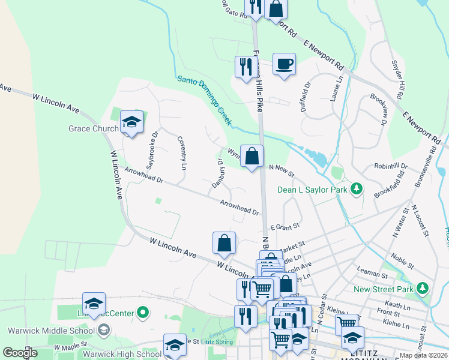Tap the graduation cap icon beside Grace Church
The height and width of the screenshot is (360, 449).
coord(131,123)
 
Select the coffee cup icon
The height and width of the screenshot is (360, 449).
coord(284,63)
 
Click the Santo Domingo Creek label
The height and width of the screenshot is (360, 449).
coord(204,100)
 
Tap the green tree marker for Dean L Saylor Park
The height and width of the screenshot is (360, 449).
coord(357,190)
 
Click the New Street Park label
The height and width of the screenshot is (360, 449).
coord(384,289)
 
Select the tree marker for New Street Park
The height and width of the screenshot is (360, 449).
coord(423,289)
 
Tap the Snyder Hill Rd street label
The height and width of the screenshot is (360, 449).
coord(396,79)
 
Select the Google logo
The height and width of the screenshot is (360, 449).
coord(20,353)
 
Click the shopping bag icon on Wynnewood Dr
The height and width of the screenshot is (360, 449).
coord(252,155)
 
